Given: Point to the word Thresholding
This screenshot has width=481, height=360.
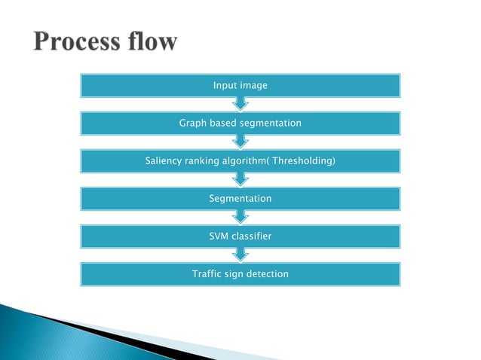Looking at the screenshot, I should pyautogui.click(x=303, y=161).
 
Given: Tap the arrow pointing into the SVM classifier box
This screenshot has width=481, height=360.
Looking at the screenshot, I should pyautogui.click(x=240, y=218).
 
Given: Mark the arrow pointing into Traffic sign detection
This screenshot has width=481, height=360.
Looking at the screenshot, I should pyautogui.click(x=240, y=255).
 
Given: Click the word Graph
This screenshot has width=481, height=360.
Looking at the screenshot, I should pyautogui.click(x=191, y=123).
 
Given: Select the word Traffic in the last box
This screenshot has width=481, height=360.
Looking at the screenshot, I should pyautogui.click(x=207, y=274).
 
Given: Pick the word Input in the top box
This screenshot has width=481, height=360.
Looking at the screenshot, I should pyautogui.click(x=225, y=86).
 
